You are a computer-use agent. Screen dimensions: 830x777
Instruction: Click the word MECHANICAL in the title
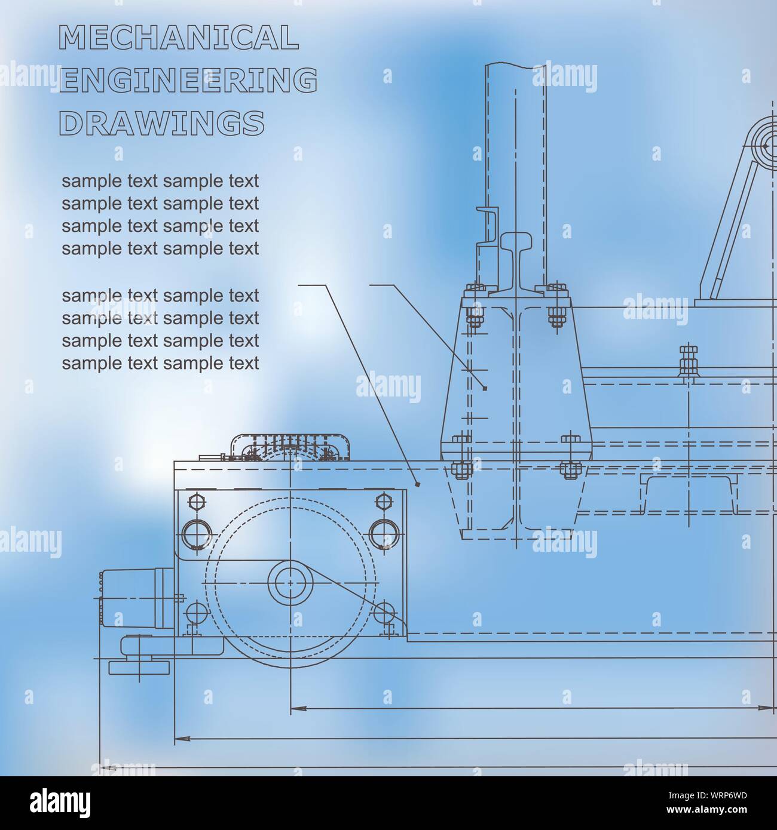click(x=179, y=37)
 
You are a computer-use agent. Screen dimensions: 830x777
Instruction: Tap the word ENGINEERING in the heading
click(x=188, y=80)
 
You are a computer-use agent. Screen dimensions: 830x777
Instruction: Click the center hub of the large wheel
click(x=290, y=583)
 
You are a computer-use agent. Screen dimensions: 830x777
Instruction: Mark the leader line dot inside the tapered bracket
click(x=485, y=389)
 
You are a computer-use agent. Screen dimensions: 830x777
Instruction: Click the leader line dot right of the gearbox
click(x=417, y=484)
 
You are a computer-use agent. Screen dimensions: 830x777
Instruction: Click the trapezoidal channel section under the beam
click(x=687, y=495)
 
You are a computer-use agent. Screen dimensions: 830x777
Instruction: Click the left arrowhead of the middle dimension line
click(x=182, y=739)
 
